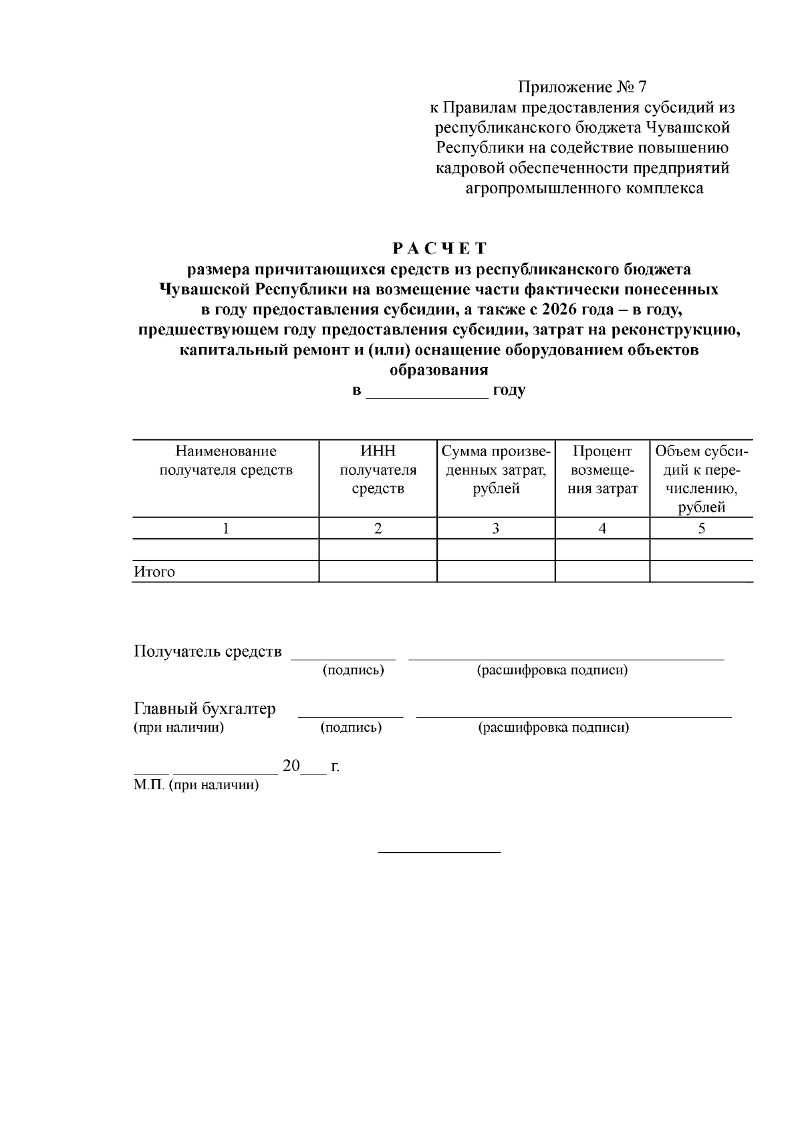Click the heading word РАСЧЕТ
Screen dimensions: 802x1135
point(439,249)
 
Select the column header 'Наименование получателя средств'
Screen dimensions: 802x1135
point(225,461)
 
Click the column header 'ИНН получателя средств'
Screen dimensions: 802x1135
point(378,470)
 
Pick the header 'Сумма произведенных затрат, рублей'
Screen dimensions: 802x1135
point(495,470)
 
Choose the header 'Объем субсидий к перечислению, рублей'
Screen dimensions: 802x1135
point(701,479)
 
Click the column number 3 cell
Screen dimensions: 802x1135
point(495,528)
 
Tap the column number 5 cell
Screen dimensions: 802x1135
point(701,528)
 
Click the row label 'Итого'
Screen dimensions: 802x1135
point(154,572)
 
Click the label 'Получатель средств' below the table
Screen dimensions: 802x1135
point(207,651)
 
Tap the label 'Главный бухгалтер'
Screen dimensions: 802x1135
point(205,709)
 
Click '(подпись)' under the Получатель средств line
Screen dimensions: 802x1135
point(353,670)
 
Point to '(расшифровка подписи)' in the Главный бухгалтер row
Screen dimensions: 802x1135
point(553,728)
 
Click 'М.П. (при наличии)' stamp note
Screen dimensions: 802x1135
point(196,785)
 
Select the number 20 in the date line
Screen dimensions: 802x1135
point(291,766)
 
